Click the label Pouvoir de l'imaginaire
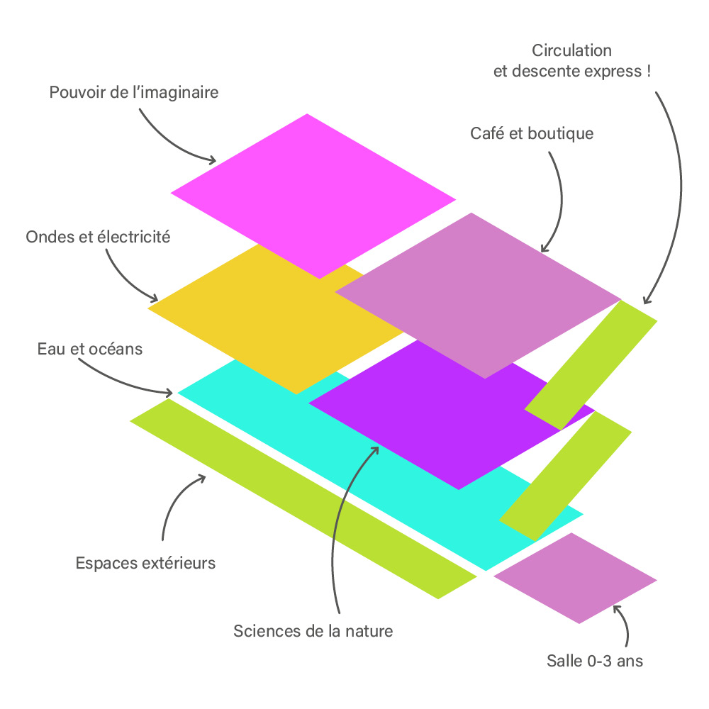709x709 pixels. pos(134,93)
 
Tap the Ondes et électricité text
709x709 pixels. pos(98,237)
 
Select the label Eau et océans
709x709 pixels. pos(90,349)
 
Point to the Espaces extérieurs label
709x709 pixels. pos(145,564)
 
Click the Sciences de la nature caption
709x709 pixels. pos(313,630)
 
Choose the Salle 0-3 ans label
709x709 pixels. pos(594,661)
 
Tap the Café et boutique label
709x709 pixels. pos(532,133)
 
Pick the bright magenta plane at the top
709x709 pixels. pos(312,195)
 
